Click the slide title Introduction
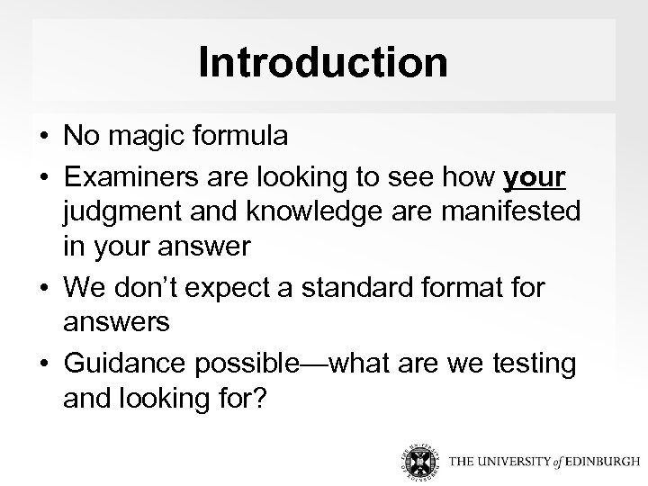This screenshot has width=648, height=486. click(x=323, y=62)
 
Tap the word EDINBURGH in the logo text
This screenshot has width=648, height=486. click(x=585, y=461)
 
